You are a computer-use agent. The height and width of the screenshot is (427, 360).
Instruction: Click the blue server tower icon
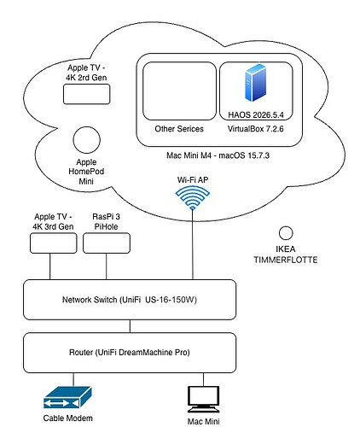tap(255, 83)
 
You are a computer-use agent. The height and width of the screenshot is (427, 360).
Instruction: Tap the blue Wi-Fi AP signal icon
tap(193, 197)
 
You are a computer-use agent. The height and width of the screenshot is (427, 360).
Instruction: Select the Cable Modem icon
tap(67, 397)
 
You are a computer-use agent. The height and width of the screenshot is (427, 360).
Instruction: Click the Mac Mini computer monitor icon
tap(203, 399)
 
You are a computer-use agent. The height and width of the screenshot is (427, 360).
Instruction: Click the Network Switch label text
tap(130, 300)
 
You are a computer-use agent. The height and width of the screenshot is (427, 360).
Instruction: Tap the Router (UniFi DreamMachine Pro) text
tap(130, 353)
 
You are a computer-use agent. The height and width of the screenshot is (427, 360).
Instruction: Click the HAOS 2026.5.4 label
tap(256, 114)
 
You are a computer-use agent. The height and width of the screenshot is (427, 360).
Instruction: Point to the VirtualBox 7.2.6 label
tap(256, 129)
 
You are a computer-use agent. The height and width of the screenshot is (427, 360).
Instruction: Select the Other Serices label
tap(179, 129)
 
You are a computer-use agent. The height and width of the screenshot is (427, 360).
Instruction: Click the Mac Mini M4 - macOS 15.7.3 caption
tap(218, 155)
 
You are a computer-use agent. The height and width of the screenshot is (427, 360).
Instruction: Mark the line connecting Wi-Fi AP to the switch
tap(193, 244)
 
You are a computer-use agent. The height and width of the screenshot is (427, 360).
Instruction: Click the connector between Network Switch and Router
tap(130, 326)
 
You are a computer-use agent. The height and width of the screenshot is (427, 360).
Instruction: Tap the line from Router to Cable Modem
tap(73, 379)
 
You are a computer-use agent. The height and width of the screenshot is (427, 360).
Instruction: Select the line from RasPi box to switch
tap(107, 266)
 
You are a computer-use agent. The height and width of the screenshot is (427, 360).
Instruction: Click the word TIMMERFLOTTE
tap(286, 260)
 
